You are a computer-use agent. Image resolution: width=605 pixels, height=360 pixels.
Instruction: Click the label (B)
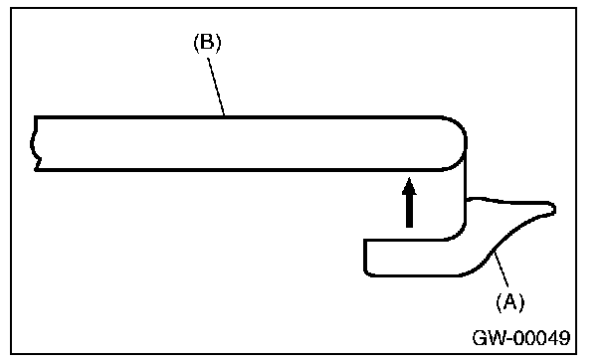pyautogui.click(x=208, y=43)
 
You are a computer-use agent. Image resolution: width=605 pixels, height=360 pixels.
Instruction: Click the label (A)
pyautogui.click(x=510, y=301)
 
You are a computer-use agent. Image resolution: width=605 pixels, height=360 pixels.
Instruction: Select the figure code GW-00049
pyautogui.click(x=520, y=338)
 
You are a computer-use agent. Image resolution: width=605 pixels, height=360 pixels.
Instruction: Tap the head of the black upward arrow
pyautogui.click(x=409, y=185)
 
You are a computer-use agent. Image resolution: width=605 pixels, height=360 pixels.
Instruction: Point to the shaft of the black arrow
pyautogui.click(x=409, y=210)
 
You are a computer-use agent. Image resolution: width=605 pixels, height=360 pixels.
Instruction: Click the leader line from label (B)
pyautogui.click(x=216, y=87)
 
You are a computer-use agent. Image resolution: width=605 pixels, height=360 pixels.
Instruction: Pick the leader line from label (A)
pyautogui.click(x=502, y=269)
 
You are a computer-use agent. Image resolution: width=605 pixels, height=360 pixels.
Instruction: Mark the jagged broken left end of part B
pyautogui.click(x=34, y=143)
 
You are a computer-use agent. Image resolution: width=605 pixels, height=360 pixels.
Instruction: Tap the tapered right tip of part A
pyautogui.click(x=554, y=209)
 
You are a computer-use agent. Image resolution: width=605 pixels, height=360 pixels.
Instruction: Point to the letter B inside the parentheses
pyautogui.click(x=208, y=42)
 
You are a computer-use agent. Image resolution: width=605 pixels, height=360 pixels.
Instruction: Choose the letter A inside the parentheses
pyautogui.click(x=510, y=301)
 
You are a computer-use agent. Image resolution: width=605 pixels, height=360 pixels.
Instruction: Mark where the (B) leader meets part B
pyautogui.click(x=225, y=115)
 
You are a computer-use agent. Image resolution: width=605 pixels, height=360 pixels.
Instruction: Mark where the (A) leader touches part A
pyautogui.click(x=494, y=251)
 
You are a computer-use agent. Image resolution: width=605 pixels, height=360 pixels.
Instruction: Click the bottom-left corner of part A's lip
pyautogui.click(x=365, y=274)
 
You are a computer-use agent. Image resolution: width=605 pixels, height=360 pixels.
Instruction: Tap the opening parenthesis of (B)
pyautogui.click(x=196, y=43)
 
